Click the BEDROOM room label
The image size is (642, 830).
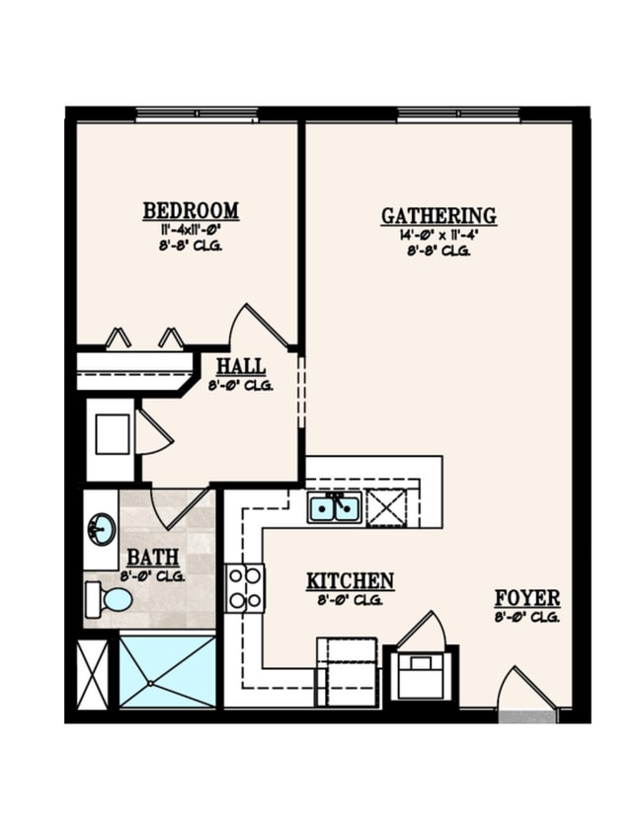pyautogui.click(x=191, y=210)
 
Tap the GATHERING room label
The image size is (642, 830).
pyautogui.click(x=439, y=215)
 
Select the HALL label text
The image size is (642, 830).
pyautogui.click(x=240, y=366)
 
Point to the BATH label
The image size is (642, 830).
pyautogui.click(x=153, y=558)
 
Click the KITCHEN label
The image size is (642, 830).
pyautogui.click(x=350, y=581)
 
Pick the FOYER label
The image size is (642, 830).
pyautogui.click(x=527, y=598)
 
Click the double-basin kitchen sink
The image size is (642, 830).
pyautogui.click(x=334, y=507)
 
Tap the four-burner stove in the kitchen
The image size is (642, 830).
pyautogui.click(x=245, y=587)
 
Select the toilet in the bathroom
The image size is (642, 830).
pyautogui.click(x=110, y=598)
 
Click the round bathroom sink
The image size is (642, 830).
pyautogui.click(x=101, y=530)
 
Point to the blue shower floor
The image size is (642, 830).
pyautogui.click(x=168, y=671)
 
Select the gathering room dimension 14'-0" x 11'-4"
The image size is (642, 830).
pyautogui.click(x=439, y=235)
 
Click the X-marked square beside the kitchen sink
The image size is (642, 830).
pyautogui.click(x=386, y=507)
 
